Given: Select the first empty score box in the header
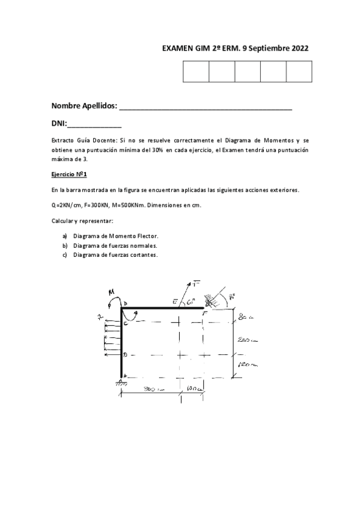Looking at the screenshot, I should coord(195,72).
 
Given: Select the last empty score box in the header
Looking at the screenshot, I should coord(299,72).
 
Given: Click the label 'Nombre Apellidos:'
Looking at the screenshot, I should coord(84,106).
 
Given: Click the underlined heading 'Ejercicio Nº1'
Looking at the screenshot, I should coord(70,174).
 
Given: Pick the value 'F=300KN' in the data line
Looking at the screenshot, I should coord(94,206).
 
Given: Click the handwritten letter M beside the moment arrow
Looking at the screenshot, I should coord(111,292).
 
